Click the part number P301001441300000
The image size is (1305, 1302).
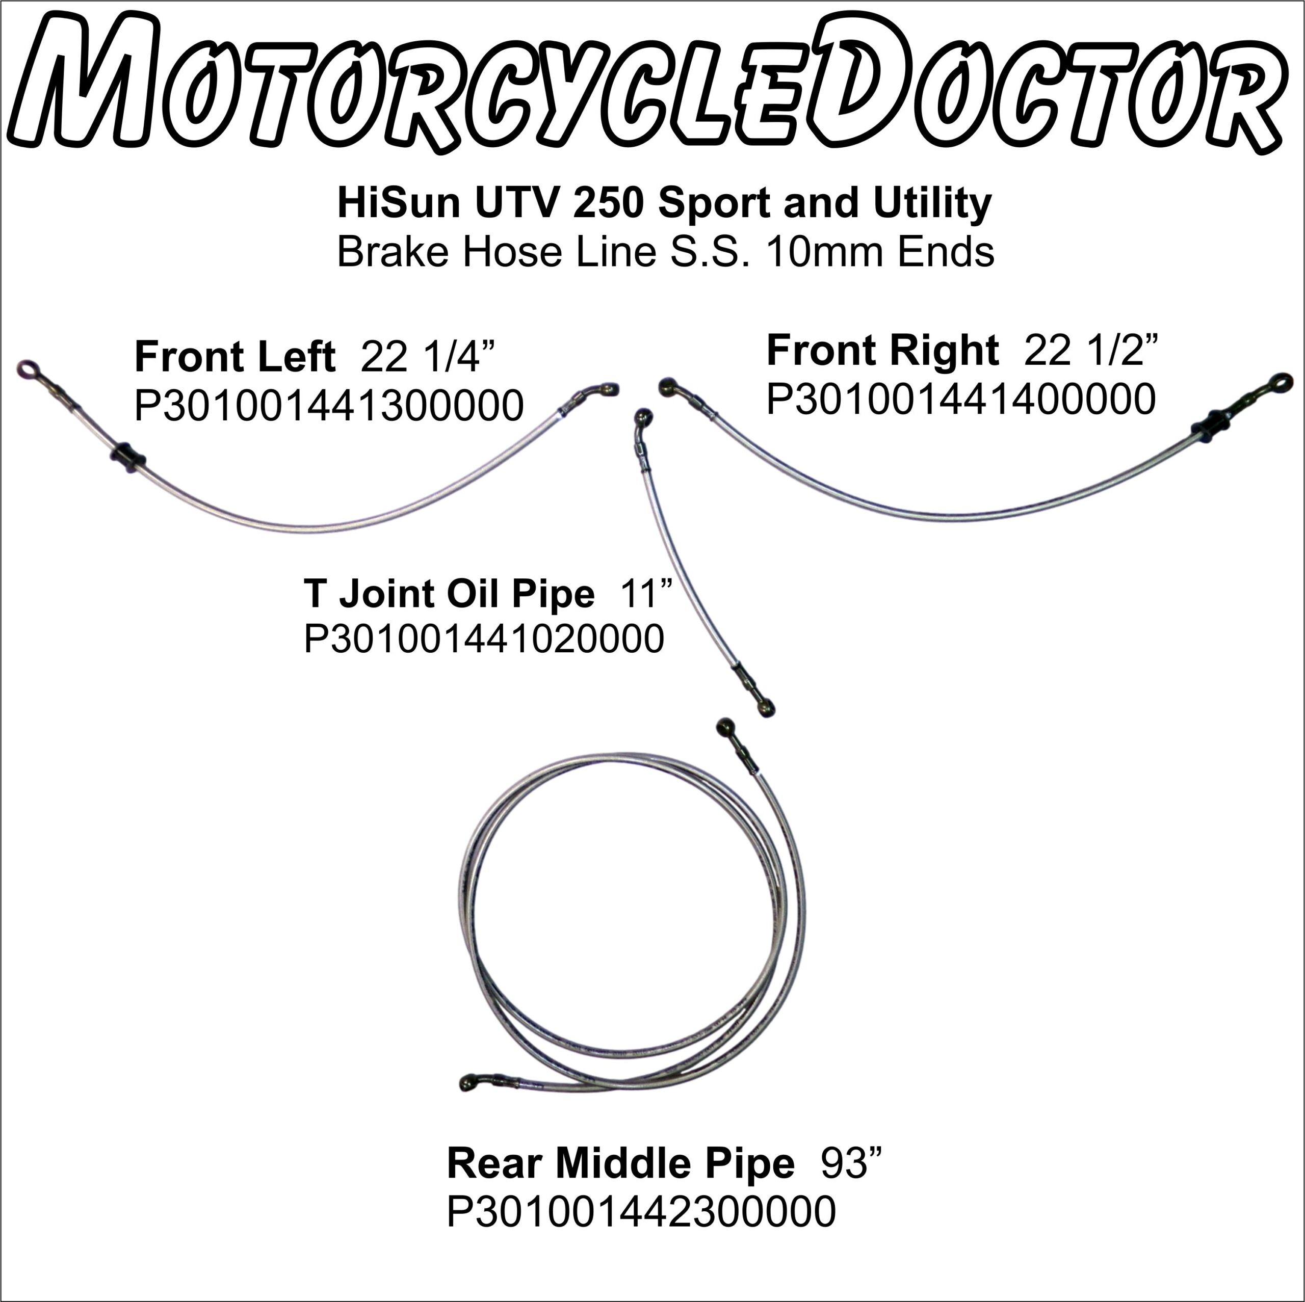[329, 405]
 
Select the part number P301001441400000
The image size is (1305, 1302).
[960, 399]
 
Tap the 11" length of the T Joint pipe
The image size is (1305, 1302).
[646, 594]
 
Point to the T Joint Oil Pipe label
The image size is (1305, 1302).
[449, 594]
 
